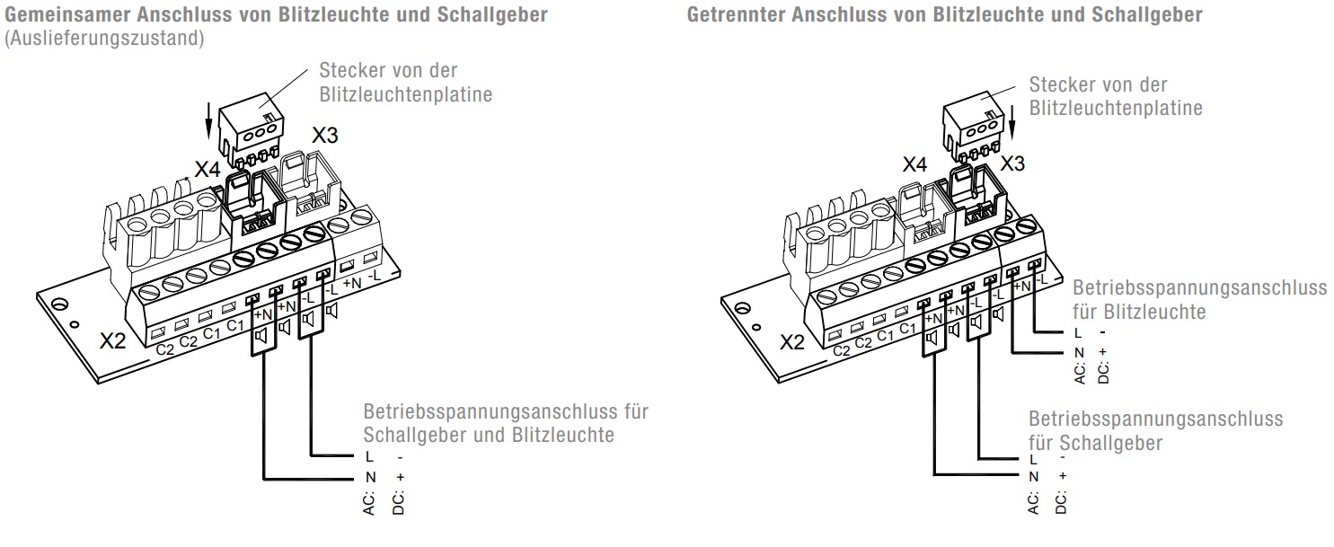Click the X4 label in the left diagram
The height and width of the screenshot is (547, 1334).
tap(208, 169)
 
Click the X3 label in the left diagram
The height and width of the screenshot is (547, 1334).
tap(325, 136)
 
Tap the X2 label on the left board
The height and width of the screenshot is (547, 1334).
tap(112, 341)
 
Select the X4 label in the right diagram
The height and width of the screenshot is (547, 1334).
tap(914, 164)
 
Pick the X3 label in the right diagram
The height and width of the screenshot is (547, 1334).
tap(1012, 163)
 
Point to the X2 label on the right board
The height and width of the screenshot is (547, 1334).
tap(792, 341)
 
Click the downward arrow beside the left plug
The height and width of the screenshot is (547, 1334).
tap(208, 120)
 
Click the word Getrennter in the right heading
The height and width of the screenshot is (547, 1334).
tap(736, 14)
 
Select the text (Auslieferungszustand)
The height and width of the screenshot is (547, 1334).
tap(104, 38)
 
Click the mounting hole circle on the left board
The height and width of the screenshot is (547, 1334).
tap(59, 305)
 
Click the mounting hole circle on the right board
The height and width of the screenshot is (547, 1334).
tap(742, 309)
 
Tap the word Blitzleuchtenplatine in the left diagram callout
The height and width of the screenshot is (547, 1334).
tap(405, 94)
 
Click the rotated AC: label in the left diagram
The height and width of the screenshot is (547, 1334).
tap(369, 504)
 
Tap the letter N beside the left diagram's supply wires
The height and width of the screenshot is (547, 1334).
tap(370, 477)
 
